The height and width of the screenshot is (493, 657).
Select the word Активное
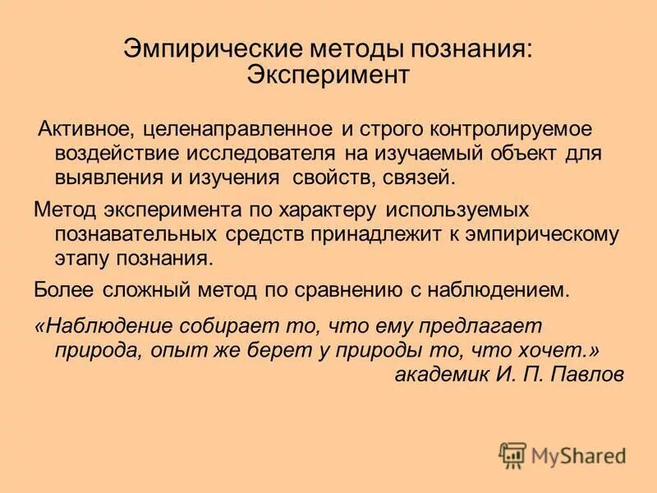[x=85, y=130]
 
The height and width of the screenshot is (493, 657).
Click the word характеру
[x=305, y=210]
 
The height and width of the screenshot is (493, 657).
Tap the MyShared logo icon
[x=512, y=454]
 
